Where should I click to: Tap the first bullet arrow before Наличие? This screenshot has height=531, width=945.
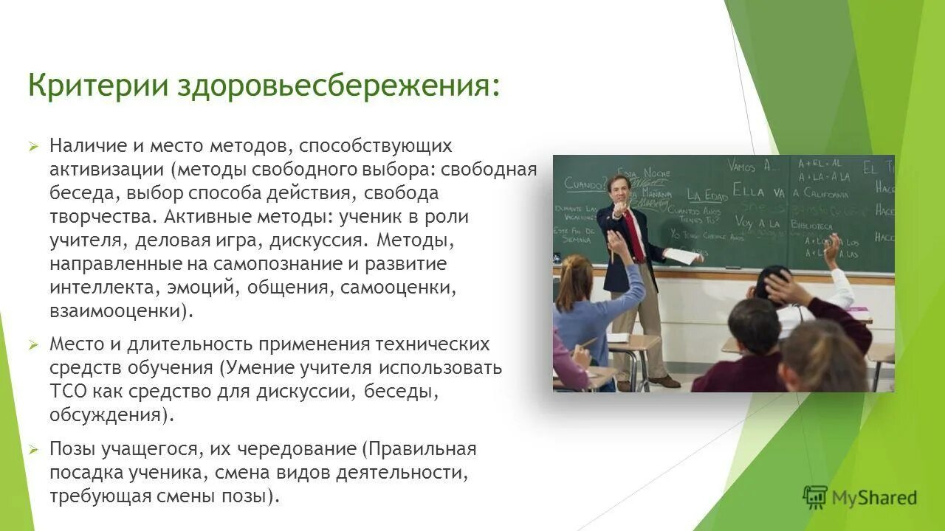point(33,146)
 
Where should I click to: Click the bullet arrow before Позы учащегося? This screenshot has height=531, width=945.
point(33,449)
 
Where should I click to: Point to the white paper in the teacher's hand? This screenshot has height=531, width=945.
point(684,256)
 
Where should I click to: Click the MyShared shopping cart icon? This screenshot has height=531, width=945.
point(815,497)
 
